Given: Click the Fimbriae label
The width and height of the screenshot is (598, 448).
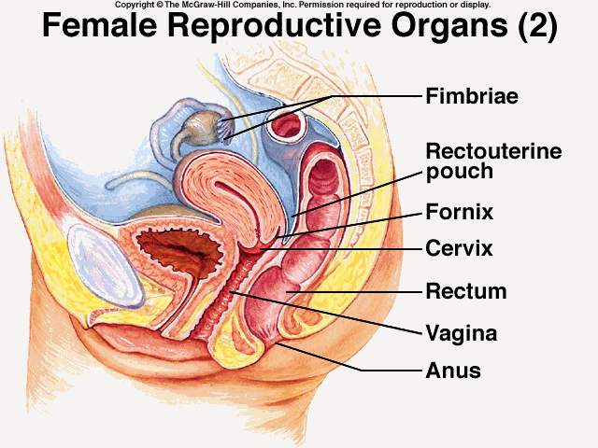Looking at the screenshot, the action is (471, 96).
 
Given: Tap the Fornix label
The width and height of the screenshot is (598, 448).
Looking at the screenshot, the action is (459, 212).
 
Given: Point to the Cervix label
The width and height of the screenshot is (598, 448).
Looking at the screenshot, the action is (459, 249).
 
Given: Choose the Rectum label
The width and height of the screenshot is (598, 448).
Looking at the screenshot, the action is (465, 291).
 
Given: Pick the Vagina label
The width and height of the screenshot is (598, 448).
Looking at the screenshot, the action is (461, 332).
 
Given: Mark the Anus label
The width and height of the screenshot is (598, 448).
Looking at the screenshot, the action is (453, 371).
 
